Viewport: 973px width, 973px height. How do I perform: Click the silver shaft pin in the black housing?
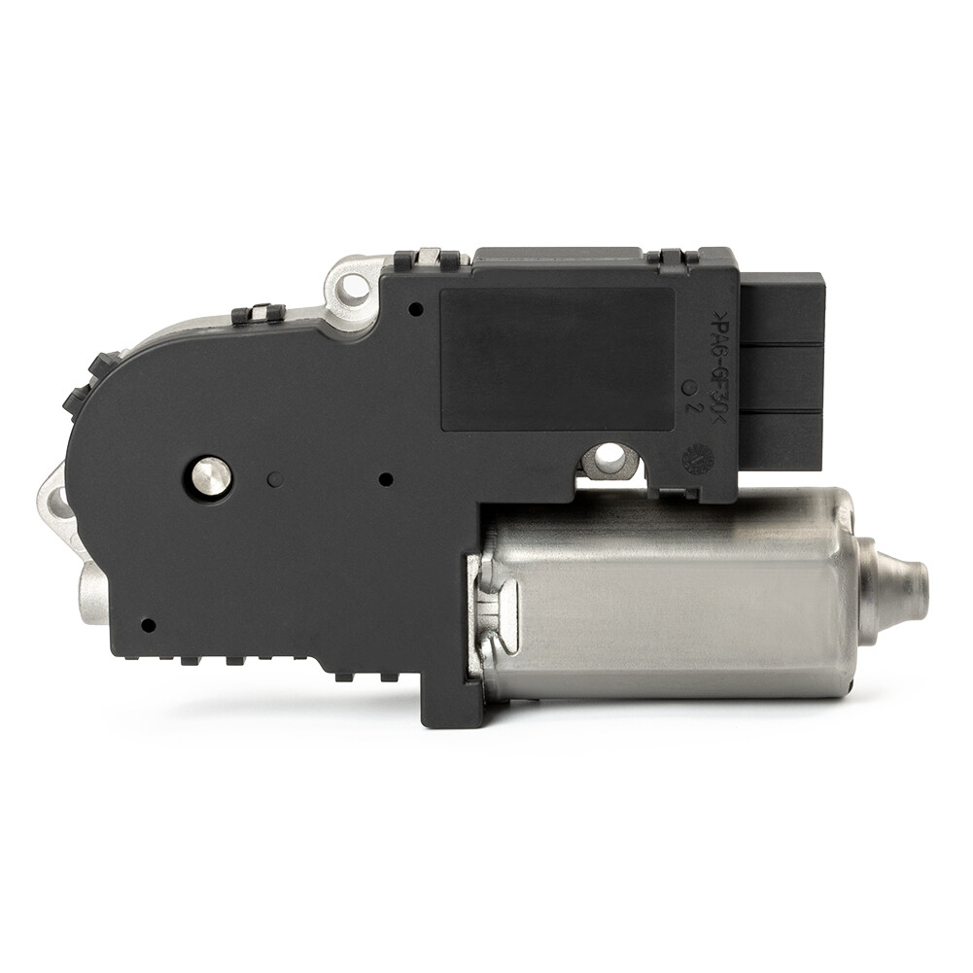pyautogui.click(x=211, y=475)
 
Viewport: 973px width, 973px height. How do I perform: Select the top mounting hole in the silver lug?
pyautogui.click(x=352, y=287)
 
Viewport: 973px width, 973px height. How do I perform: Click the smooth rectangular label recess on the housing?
pyautogui.click(x=557, y=358)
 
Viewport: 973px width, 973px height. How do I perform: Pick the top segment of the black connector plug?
pyautogui.click(x=782, y=308)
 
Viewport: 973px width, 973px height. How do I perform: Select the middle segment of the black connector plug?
pyautogui.click(x=782, y=377)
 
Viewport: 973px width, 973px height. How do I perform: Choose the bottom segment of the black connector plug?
pyautogui.click(x=782, y=439)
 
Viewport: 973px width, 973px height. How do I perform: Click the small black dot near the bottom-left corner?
pyautogui.click(x=147, y=625)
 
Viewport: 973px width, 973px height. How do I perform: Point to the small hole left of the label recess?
pyautogui.click(x=415, y=309)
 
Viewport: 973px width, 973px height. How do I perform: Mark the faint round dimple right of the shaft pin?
pyautogui.click(x=275, y=479)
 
